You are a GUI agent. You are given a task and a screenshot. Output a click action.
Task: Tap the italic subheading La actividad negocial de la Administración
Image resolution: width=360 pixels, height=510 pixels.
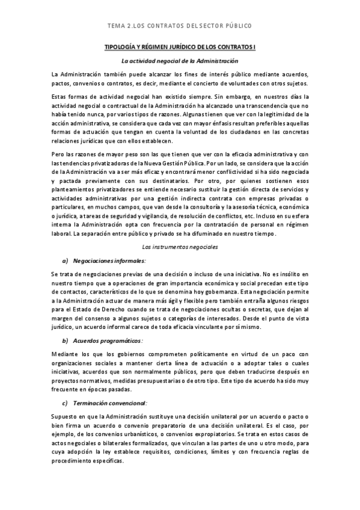tap(180, 61)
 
